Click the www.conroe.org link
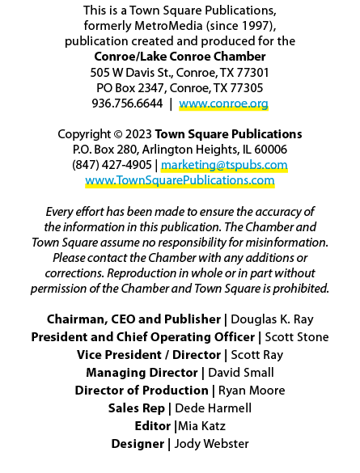[223, 103]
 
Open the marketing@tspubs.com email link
[224, 165]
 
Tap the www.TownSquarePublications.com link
[180, 180]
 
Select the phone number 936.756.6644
[127, 103]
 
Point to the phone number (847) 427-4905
[112, 165]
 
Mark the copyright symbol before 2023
[117, 134]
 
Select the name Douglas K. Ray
[272, 319]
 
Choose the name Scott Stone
[297, 337]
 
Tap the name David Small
[241, 373]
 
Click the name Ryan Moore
[252, 391]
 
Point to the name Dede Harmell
[213, 408]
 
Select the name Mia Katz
[201, 426]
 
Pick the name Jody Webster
[211, 444]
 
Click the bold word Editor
[153, 426]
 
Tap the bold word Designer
[138, 444]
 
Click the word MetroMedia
[168, 26]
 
